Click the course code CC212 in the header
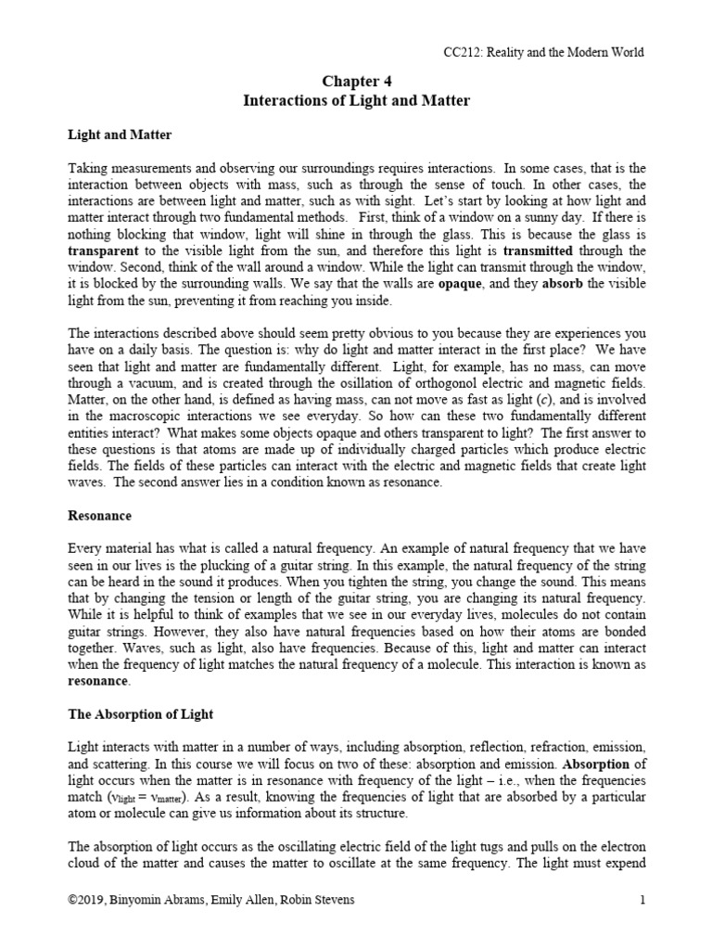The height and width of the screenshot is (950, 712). click(461, 52)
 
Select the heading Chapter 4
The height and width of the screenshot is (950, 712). click(356, 82)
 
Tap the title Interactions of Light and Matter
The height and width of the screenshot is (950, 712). click(356, 100)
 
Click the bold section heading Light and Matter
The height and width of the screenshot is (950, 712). click(120, 135)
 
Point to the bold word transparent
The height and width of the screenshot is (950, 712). click(106, 250)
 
